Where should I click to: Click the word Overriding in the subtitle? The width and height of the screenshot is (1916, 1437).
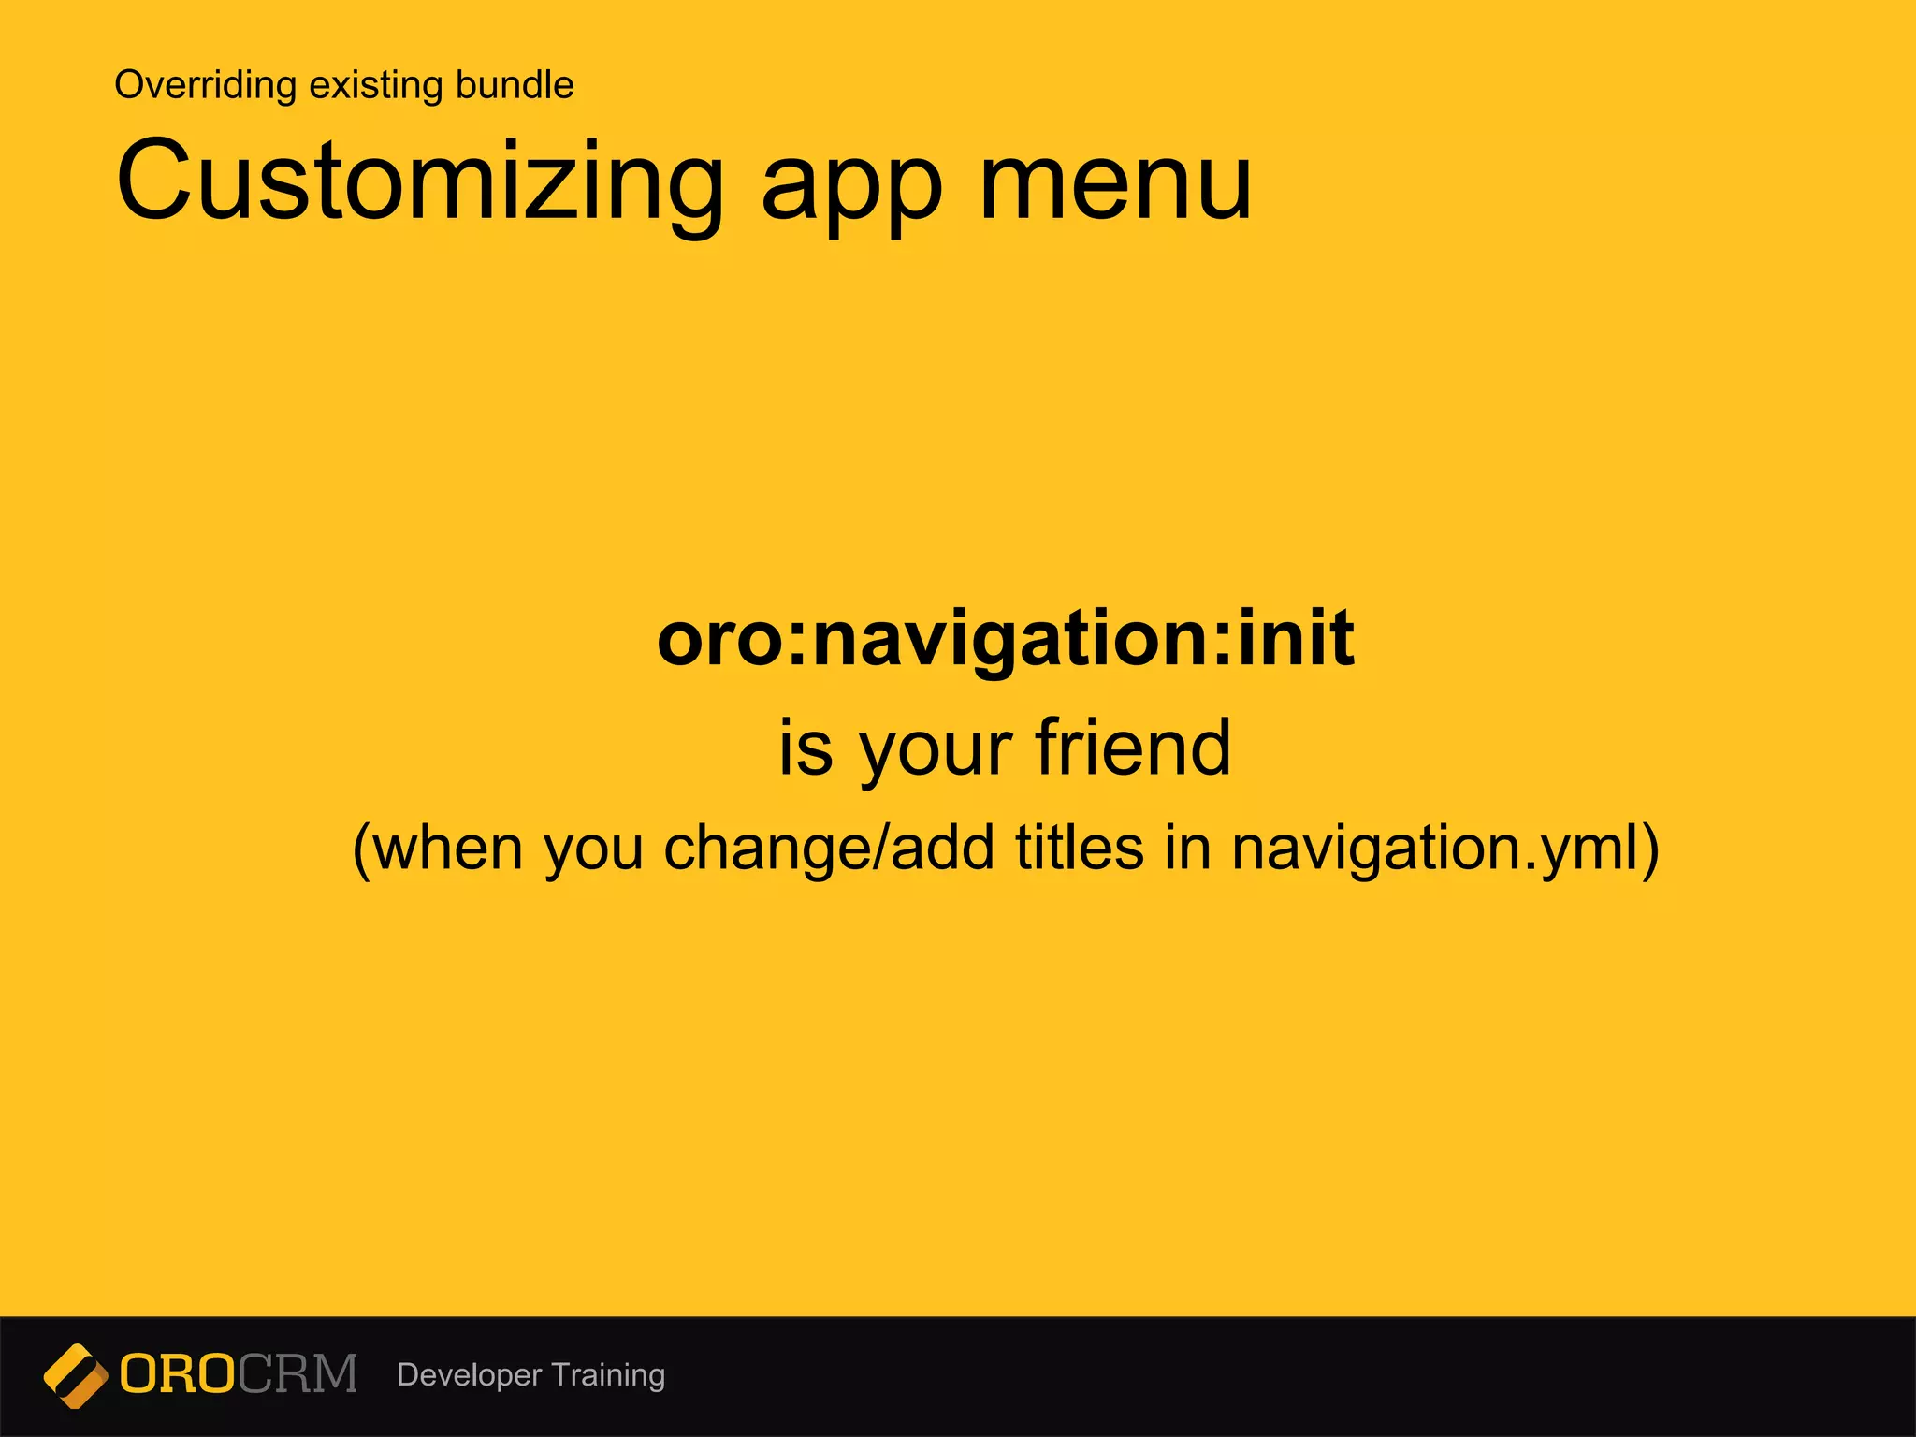pos(205,85)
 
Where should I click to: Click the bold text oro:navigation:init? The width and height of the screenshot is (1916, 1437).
pos(1006,639)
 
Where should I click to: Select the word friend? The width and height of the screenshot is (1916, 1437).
pos(1133,748)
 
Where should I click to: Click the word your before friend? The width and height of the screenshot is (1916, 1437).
pos(936,753)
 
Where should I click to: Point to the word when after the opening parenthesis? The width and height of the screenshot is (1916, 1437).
pos(448,849)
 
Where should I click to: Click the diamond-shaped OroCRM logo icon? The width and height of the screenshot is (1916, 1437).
pos(75,1375)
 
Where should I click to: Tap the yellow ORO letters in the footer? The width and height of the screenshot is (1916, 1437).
pos(178,1374)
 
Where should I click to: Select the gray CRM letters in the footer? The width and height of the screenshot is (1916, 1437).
pos(298,1374)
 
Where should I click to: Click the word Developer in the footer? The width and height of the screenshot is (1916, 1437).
pos(469,1375)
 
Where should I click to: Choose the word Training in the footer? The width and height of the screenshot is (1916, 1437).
pos(608,1375)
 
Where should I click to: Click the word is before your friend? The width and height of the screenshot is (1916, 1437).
pos(806,748)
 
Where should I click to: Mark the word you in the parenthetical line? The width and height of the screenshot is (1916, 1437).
pos(593,850)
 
